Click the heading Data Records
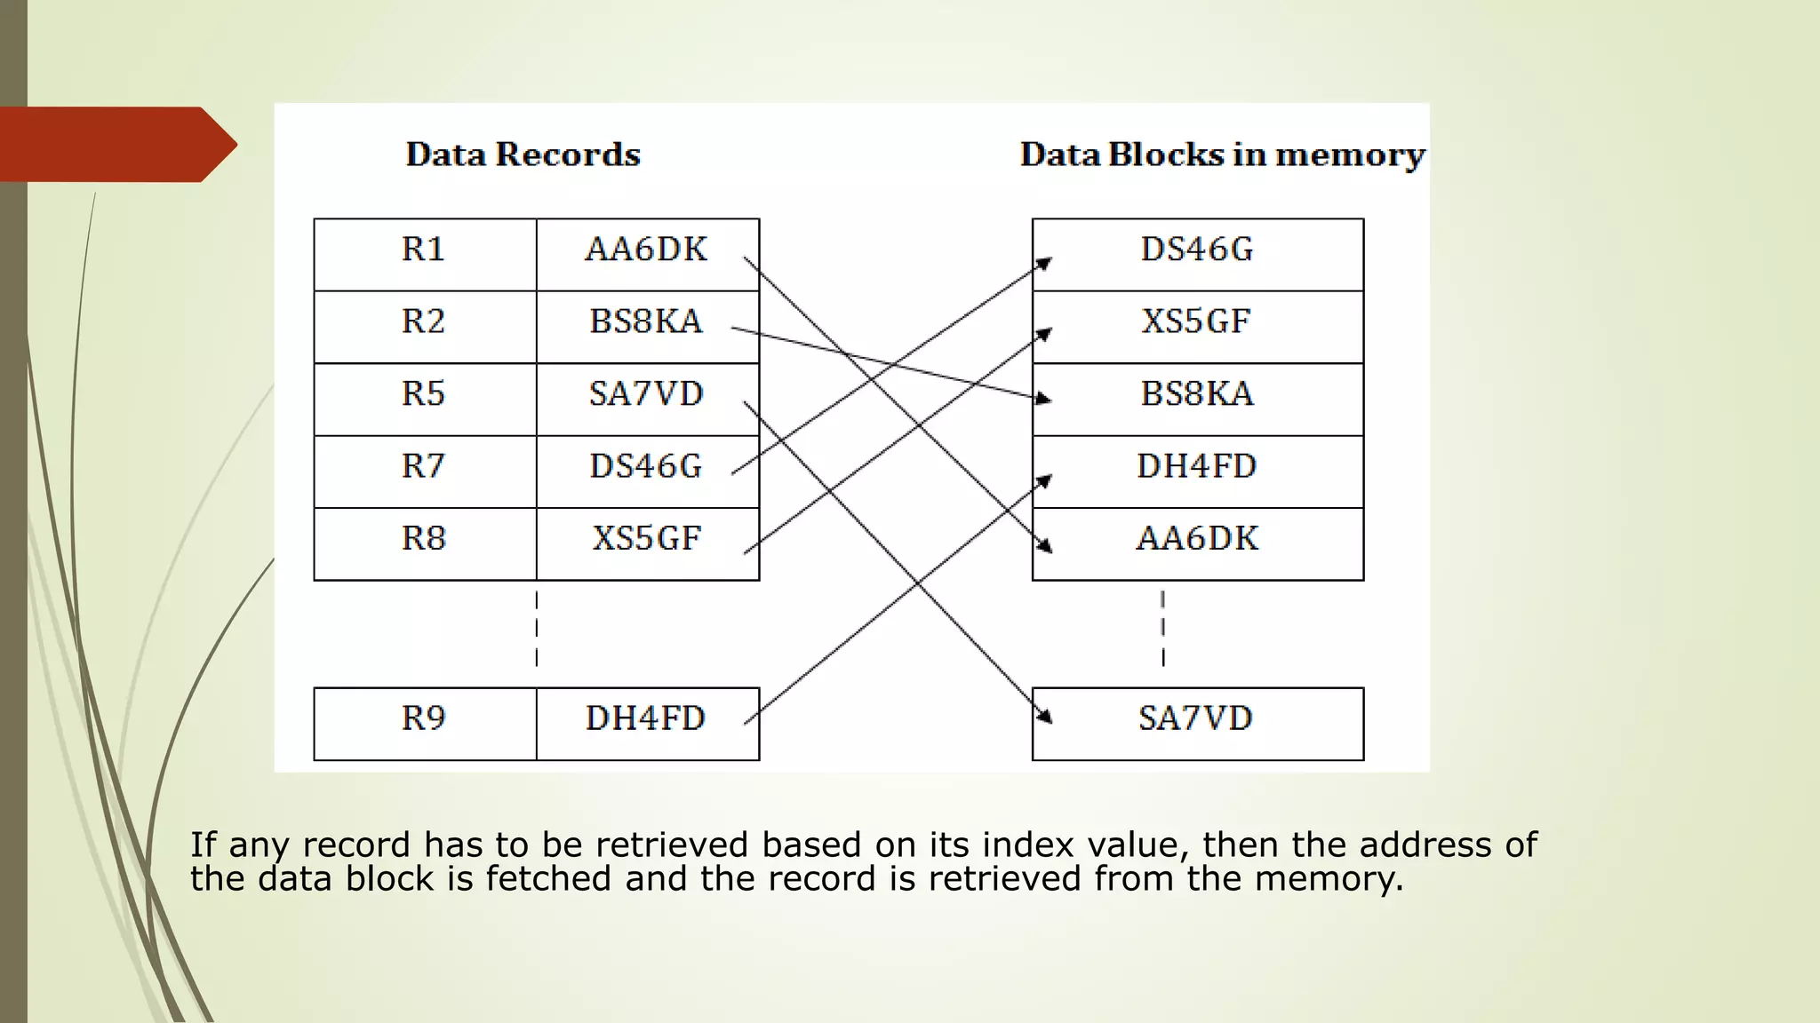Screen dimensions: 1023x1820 [x=523, y=155]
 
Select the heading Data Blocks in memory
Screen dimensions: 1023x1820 [x=1222, y=155]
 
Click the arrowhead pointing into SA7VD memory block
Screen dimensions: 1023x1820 [x=1046, y=716]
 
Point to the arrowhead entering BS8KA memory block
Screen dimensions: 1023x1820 [x=1043, y=399]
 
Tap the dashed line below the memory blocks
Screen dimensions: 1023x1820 [x=1162, y=629]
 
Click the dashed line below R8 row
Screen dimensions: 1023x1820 [x=537, y=629]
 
